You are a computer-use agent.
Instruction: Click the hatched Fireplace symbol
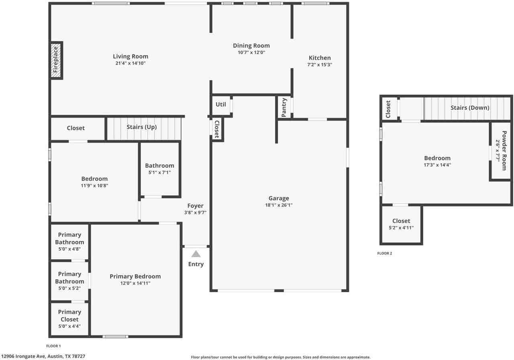[x=56, y=60]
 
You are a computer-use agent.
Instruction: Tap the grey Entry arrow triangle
[x=196, y=254]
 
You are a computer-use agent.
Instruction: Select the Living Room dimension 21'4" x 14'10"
[x=130, y=63]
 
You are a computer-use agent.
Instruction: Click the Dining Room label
[x=251, y=46]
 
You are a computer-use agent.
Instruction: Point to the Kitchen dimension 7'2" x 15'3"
[x=320, y=65]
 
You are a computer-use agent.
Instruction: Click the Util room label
[x=221, y=104]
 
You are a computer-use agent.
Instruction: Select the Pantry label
[x=284, y=108]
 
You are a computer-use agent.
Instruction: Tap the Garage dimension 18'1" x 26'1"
[x=279, y=205]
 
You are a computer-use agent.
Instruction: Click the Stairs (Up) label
[x=141, y=127]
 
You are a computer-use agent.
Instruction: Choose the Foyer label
[x=195, y=206]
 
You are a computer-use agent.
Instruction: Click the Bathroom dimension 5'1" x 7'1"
[x=159, y=173]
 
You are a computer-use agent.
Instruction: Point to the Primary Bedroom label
[x=135, y=276]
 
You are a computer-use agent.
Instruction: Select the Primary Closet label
[x=69, y=315]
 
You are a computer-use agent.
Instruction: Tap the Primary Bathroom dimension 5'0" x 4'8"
[x=69, y=249]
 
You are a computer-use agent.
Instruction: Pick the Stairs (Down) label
[x=469, y=108]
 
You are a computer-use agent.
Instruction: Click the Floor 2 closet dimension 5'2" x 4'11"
[x=401, y=228]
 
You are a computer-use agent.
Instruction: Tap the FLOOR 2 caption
[x=384, y=253]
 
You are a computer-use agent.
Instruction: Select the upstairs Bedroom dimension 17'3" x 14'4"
[x=437, y=165]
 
